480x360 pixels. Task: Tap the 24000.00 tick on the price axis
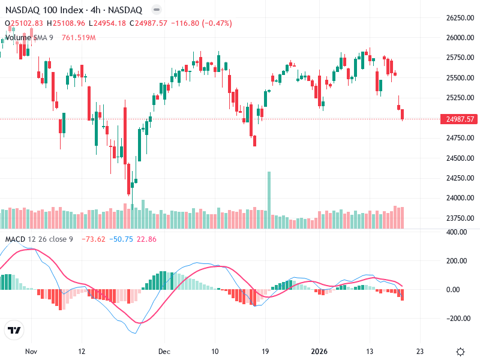coord(460,198)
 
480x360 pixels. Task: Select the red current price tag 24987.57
coord(460,119)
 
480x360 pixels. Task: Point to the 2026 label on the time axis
coord(319,352)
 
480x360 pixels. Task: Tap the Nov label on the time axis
coord(31,352)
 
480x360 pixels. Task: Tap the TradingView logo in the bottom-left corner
coord(13,330)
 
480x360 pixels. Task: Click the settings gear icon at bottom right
coord(460,352)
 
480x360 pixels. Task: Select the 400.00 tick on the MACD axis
coord(459,232)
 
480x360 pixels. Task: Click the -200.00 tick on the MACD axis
coord(458,318)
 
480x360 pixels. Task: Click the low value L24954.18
coord(107,23)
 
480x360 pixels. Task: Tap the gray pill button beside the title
coord(156,10)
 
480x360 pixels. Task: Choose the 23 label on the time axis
coord(420,352)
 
